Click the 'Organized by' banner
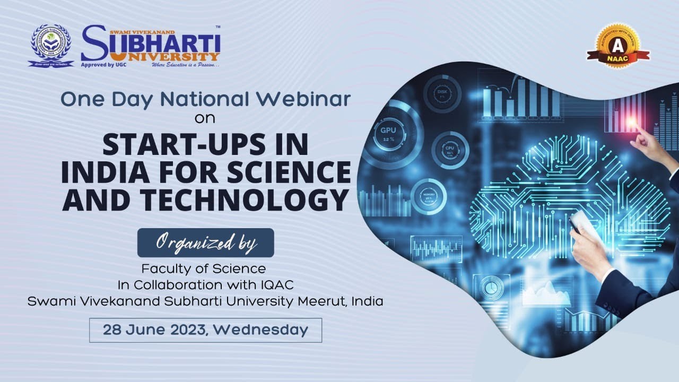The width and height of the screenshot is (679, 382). point(206,242)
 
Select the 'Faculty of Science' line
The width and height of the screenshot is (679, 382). point(204,269)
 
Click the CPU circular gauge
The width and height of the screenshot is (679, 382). point(450,150)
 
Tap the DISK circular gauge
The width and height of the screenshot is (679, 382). point(442,93)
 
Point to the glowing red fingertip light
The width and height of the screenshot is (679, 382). point(632,121)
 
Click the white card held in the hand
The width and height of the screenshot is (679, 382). point(583,222)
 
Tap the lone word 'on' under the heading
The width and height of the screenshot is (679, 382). point(205,118)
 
